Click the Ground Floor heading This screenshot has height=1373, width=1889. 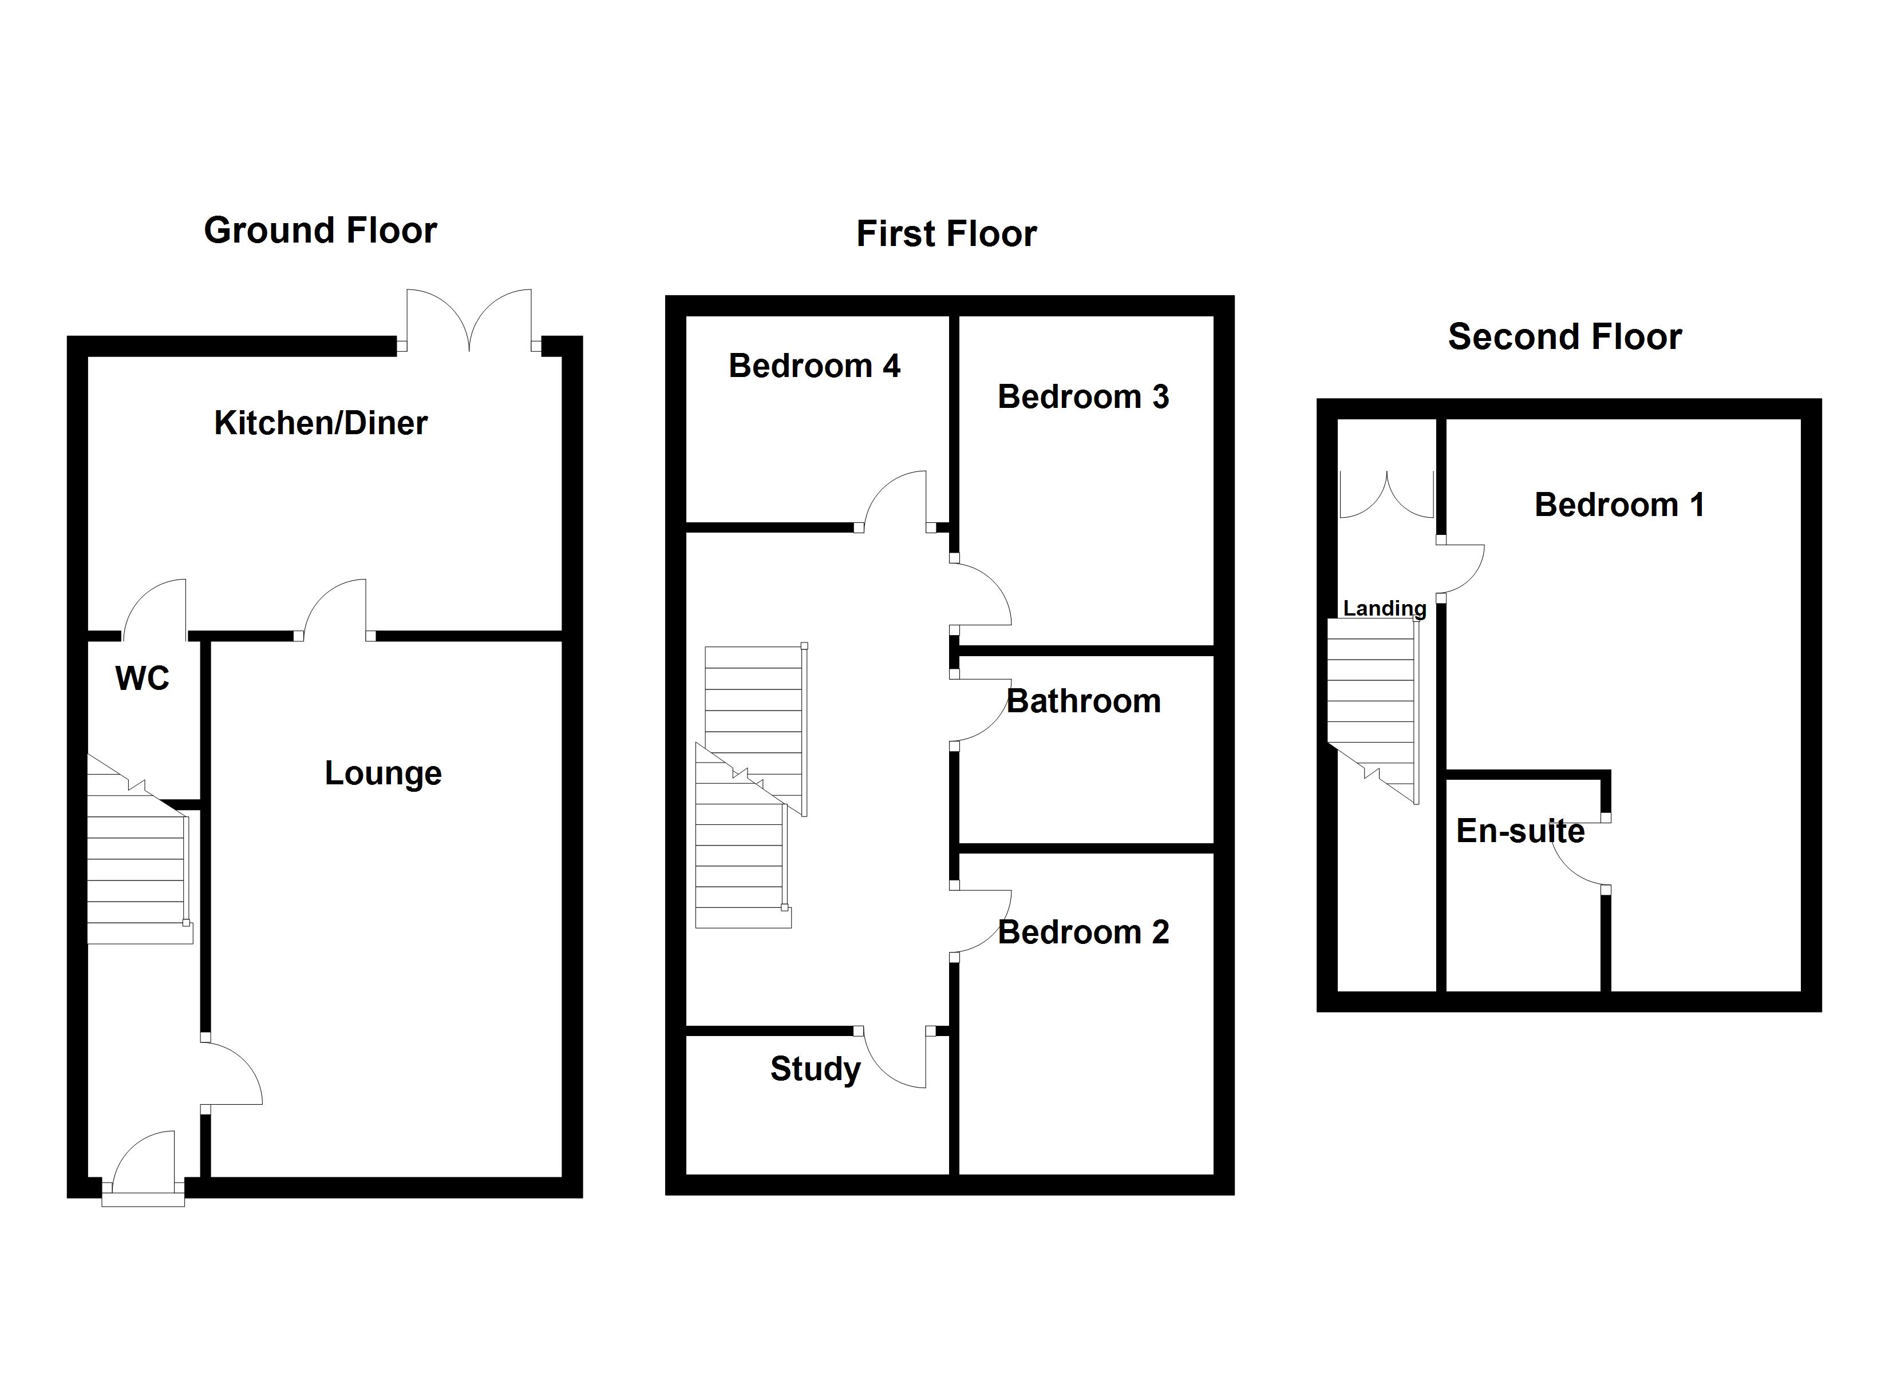point(320,231)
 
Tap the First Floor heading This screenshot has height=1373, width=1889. point(946,234)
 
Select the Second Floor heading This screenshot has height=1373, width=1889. point(1564,337)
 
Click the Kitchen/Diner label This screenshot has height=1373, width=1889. point(321,423)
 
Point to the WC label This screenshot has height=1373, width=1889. point(143,678)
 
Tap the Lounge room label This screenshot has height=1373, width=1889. point(383,773)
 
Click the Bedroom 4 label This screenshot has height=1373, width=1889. point(814,366)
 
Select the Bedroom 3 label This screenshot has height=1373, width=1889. point(1083,397)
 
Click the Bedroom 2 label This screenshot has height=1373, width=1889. point(1083,932)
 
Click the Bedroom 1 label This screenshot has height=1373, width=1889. point(1619,505)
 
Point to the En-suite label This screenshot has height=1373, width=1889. point(1519,831)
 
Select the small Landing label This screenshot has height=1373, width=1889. point(1384,609)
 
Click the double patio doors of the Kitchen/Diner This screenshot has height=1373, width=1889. point(469,320)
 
